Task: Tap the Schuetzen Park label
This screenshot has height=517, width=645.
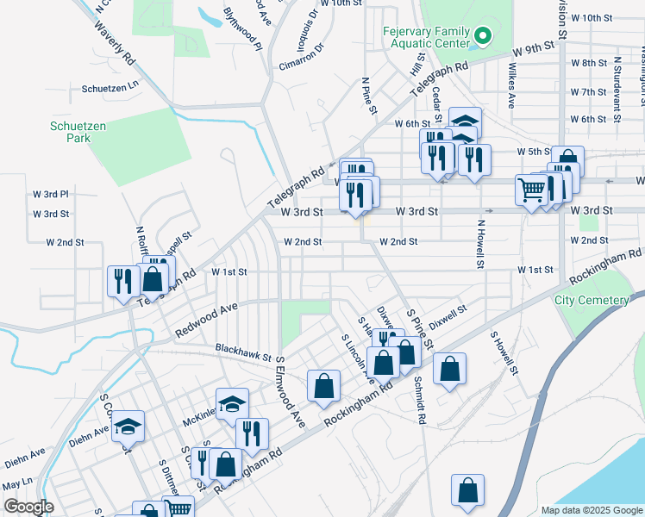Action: click(x=77, y=132)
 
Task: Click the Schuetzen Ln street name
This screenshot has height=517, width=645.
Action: click(x=110, y=88)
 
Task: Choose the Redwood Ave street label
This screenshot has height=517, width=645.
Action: click(x=206, y=321)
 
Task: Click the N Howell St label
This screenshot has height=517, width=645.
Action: click(x=479, y=243)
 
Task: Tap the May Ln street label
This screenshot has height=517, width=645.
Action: click(x=16, y=483)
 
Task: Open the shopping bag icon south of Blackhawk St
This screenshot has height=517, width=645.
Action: click(x=323, y=387)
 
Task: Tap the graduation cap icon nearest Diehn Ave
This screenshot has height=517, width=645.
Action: click(x=128, y=427)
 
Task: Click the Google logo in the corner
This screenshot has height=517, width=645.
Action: click(x=28, y=507)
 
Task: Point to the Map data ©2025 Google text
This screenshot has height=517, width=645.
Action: click(x=591, y=510)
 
